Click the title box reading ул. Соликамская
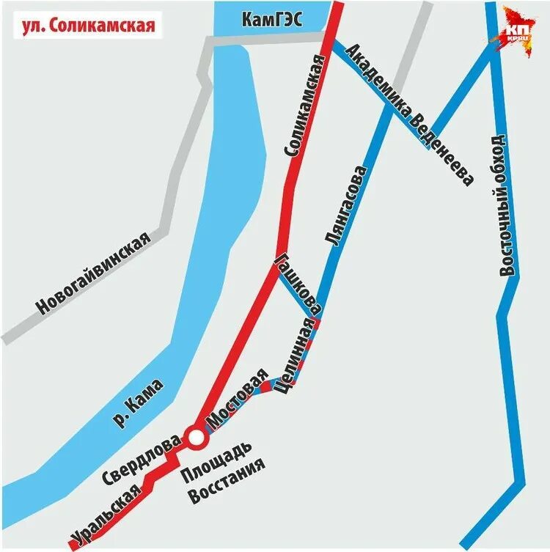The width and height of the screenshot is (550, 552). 87,25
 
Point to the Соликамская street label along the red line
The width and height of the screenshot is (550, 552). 303,106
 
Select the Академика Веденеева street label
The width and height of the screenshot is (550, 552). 411,114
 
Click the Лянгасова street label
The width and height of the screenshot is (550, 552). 344,206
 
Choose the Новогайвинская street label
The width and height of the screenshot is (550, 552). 95,273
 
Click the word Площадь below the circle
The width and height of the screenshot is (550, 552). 218,459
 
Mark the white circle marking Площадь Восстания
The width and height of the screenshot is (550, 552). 196,438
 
